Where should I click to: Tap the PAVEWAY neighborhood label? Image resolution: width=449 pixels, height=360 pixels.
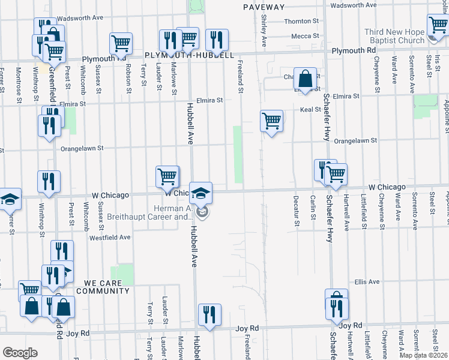tap(264, 7)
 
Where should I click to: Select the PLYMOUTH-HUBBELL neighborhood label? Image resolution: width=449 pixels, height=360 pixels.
tap(189, 55)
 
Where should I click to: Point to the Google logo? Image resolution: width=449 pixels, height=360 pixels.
tap(20, 353)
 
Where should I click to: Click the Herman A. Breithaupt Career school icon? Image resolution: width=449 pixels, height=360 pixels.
tap(201, 193)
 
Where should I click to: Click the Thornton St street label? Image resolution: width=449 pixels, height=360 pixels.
tap(299, 21)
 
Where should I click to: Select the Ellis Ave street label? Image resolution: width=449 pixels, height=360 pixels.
tap(367, 281)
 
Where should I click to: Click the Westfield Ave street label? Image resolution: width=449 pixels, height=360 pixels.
tap(110, 237)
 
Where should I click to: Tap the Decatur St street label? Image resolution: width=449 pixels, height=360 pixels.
tap(296, 210)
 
